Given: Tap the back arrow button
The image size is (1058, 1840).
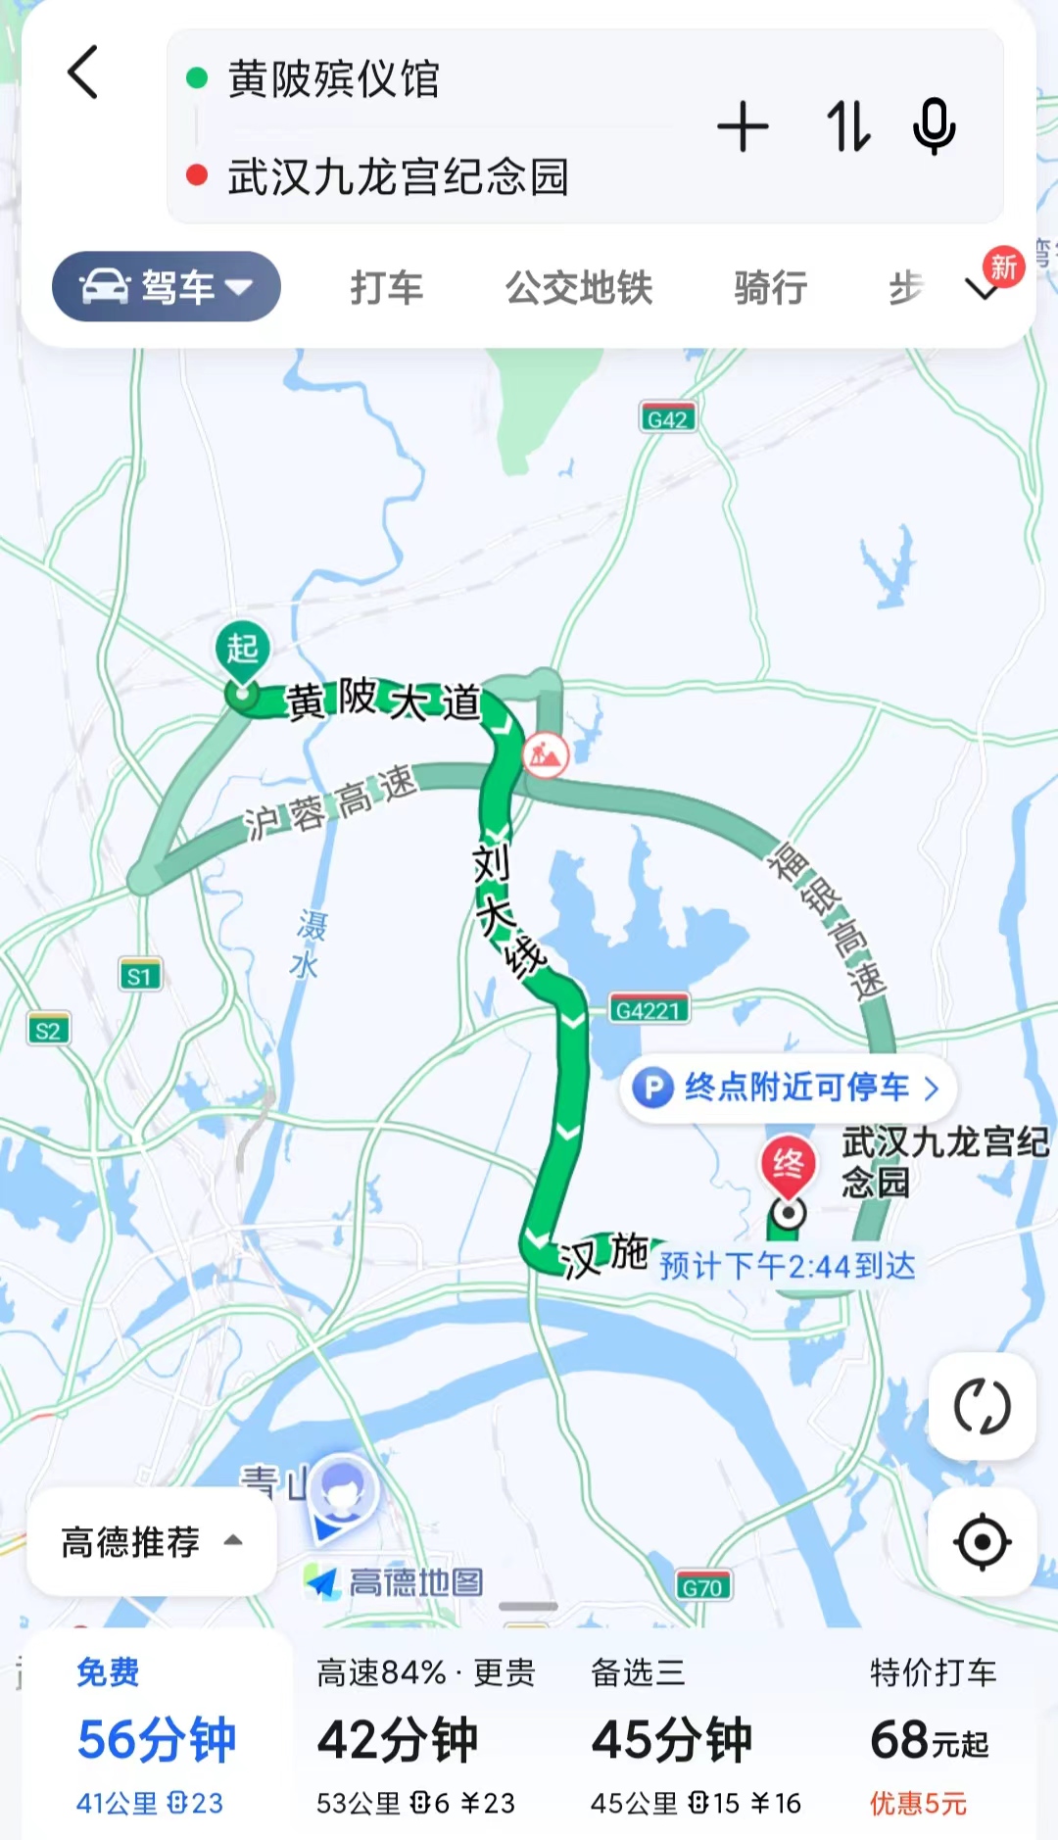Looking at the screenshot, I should point(83,73).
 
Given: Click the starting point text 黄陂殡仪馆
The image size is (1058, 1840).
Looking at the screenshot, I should point(333,79).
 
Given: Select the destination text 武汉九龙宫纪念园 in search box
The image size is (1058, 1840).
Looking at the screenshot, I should point(398,177).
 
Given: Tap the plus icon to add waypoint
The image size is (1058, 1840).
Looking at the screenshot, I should point(743,127).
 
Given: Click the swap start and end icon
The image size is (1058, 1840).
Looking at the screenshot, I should point(847,127).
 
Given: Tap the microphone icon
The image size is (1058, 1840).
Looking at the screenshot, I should point(934,127).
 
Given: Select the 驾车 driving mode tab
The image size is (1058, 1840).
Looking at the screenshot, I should point(167,287).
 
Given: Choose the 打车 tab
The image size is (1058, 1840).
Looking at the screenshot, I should point(387,288).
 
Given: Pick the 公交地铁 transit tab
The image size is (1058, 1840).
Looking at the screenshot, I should point(579,288).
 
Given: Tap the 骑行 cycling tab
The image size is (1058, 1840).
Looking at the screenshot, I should point(771,288).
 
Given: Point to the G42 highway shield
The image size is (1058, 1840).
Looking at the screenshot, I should point(667,419).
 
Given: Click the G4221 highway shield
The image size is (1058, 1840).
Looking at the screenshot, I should point(649,1009).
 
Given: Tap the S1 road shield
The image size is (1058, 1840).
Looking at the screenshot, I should point(140,976).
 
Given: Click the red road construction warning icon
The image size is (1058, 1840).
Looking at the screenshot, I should point(546,754).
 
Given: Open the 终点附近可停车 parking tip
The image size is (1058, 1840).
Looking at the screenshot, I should point(788,1088).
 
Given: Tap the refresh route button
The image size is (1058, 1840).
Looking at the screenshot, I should point(982,1407).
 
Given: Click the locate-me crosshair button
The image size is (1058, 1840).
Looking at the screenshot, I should point(982,1541).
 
